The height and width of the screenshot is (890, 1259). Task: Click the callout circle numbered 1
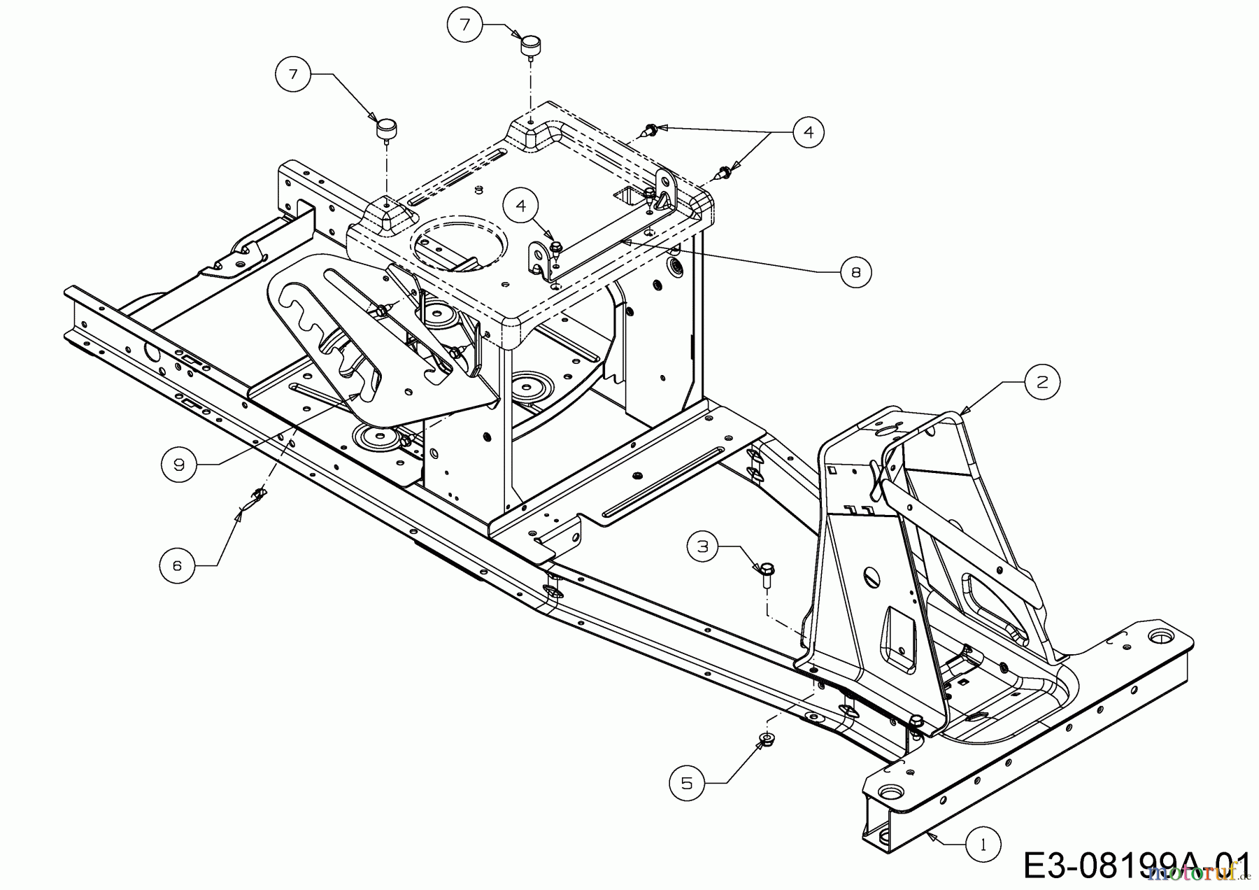point(983,845)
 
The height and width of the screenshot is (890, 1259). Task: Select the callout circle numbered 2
point(1042,381)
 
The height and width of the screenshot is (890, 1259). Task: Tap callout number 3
point(704,546)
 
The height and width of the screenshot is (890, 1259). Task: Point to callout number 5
point(687,783)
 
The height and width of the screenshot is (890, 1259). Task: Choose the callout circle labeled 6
point(177,565)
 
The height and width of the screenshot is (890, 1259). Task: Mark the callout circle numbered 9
point(179,465)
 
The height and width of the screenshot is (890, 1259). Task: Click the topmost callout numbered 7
point(465,24)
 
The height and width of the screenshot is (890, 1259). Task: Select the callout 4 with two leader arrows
point(809,131)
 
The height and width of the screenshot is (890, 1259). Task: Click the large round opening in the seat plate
point(458,243)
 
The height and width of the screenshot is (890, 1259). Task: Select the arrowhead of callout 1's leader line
point(927,833)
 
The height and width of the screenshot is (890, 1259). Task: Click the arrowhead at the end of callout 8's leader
point(623,240)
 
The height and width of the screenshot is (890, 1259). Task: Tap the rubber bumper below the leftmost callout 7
point(385,129)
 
